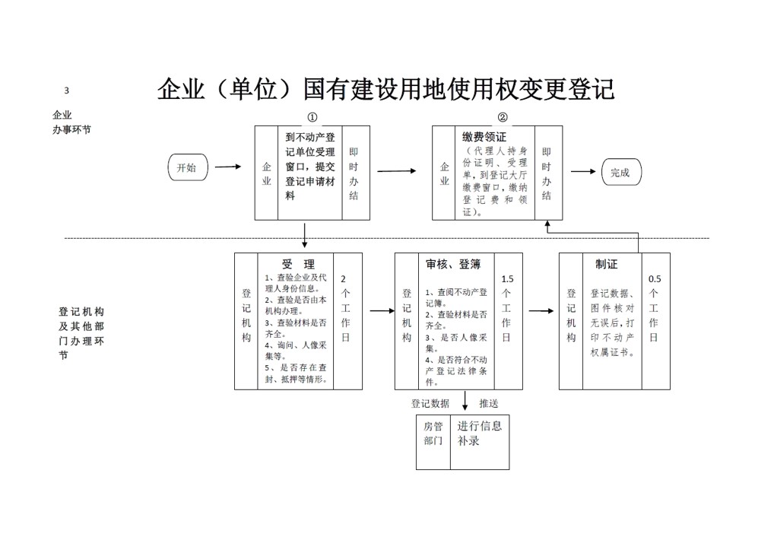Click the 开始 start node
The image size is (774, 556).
pos(188,167)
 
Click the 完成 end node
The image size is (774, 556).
pos(621,172)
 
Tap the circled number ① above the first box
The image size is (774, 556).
pos(312,118)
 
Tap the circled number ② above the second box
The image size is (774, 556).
pos(503,118)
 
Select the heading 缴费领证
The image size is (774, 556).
pos(484,137)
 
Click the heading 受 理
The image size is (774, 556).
pos(299,264)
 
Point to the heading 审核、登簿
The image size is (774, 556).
pos(453,265)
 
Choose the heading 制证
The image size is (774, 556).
pos(606,264)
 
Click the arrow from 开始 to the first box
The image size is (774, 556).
pos(228,167)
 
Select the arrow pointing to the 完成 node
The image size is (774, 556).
pos(583,171)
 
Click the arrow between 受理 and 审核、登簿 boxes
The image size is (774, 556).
pos(382,310)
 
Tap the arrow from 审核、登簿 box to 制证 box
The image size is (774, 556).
pos(541,310)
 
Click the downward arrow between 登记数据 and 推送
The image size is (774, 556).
pos(465,401)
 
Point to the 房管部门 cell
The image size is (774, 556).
pos(433,433)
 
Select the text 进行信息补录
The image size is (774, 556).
pos(479,433)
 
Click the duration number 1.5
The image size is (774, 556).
pos(507,279)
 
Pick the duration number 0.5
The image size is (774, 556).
pos(655,279)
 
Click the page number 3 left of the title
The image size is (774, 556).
pos(67,91)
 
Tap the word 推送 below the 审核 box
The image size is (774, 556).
pos(489,403)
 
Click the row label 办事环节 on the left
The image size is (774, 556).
pos(72,130)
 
